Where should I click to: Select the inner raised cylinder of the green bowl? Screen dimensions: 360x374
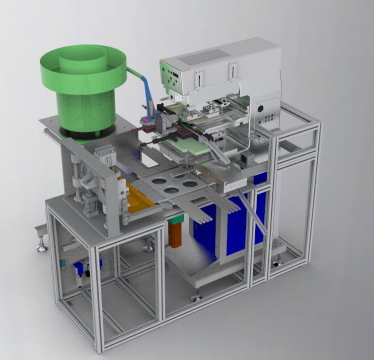[82, 62]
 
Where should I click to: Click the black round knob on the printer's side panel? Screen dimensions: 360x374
[259, 108]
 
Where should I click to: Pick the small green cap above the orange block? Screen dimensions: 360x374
[175, 217]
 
